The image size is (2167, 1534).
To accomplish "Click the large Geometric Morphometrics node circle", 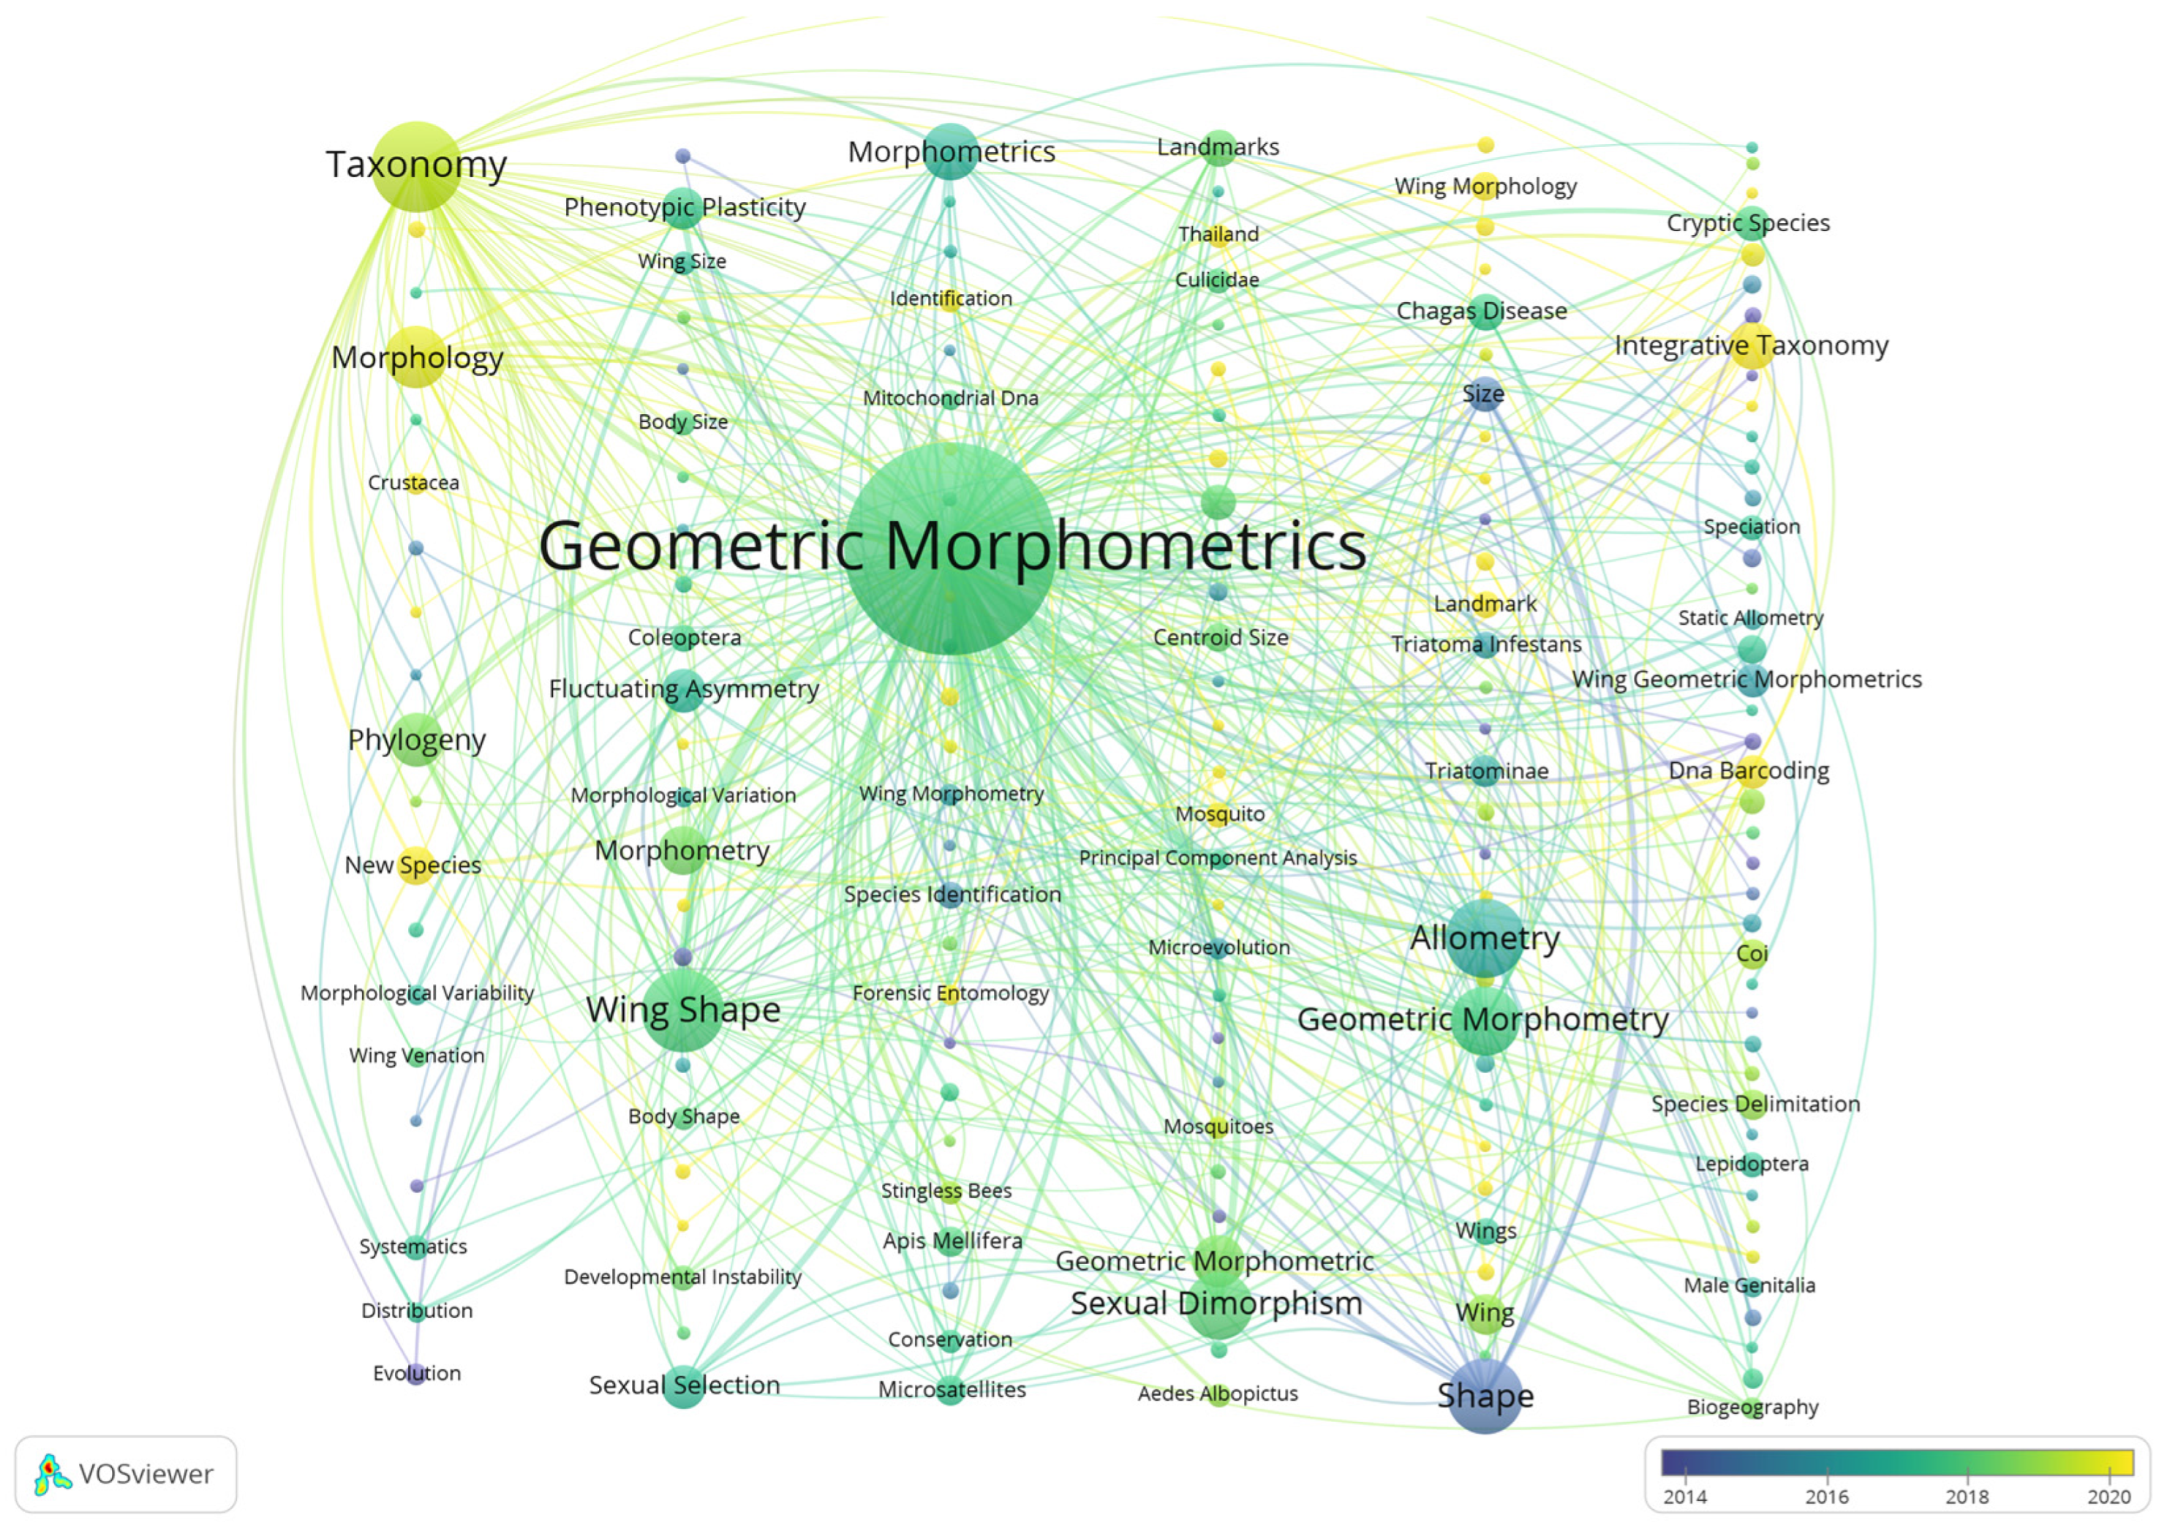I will (x=950, y=549).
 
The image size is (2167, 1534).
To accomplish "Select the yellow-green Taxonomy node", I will (x=416, y=166).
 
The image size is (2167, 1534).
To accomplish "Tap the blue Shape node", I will (x=1485, y=1396).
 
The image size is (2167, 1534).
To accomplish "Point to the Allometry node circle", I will (x=1485, y=938).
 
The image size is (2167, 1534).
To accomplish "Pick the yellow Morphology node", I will (x=416, y=357).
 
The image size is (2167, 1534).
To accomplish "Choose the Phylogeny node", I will (x=416, y=740).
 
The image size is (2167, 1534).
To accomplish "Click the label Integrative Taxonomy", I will (x=1751, y=346).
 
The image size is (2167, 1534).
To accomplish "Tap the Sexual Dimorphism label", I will (x=1216, y=1304).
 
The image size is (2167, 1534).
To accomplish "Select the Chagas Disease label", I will (x=1482, y=311).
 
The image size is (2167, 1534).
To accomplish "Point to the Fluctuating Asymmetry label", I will (x=684, y=688).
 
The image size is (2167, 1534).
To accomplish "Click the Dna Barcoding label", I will (x=1749, y=771).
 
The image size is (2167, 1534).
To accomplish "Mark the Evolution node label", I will (x=416, y=1372).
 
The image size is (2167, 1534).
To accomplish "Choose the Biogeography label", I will (x=1752, y=1407).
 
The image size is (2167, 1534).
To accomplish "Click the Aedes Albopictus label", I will (x=1217, y=1394).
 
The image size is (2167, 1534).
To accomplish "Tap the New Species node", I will (x=415, y=865).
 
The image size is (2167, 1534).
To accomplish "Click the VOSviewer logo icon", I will (x=53, y=1475).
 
